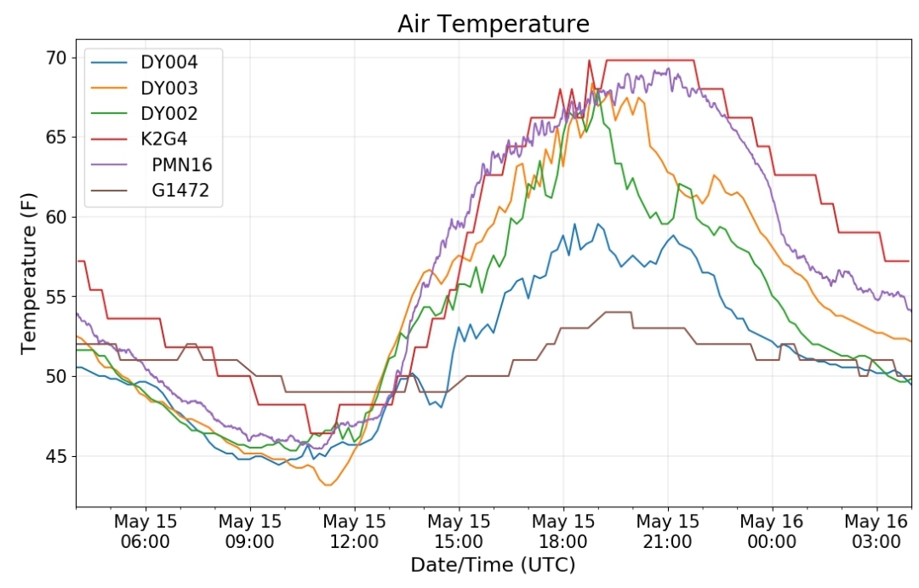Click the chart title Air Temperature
[x=493, y=24]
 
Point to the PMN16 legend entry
[x=152, y=165]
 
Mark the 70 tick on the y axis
[x=56, y=58]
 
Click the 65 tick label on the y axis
[x=56, y=137]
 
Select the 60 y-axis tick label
[x=56, y=217]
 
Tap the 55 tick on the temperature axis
[x=56, y=297]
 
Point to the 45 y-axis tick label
[x=56, y=455]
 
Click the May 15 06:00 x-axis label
[x=146, y=531]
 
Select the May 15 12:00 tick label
[x=354, y=531]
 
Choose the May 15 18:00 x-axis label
[x=563, y=531]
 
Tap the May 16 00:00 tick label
[x=772, y=531]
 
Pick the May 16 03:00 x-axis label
[x=876, y=531]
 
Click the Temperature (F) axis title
[x=28, y=273]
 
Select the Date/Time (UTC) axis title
[x=493, y=565]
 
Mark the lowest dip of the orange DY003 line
[x=328, y=485]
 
